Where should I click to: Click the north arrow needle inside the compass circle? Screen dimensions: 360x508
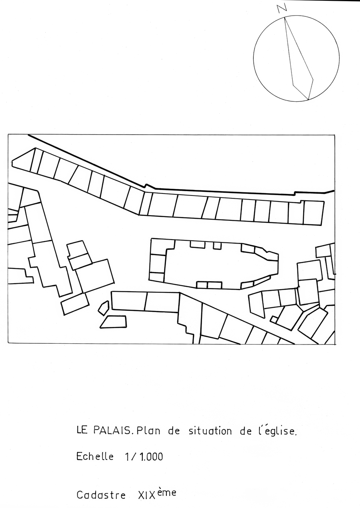(x=299, y=58)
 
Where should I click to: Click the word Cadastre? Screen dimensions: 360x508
(x=101, y=487)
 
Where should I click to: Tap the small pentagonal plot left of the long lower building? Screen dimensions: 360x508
(x=104, y=308)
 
